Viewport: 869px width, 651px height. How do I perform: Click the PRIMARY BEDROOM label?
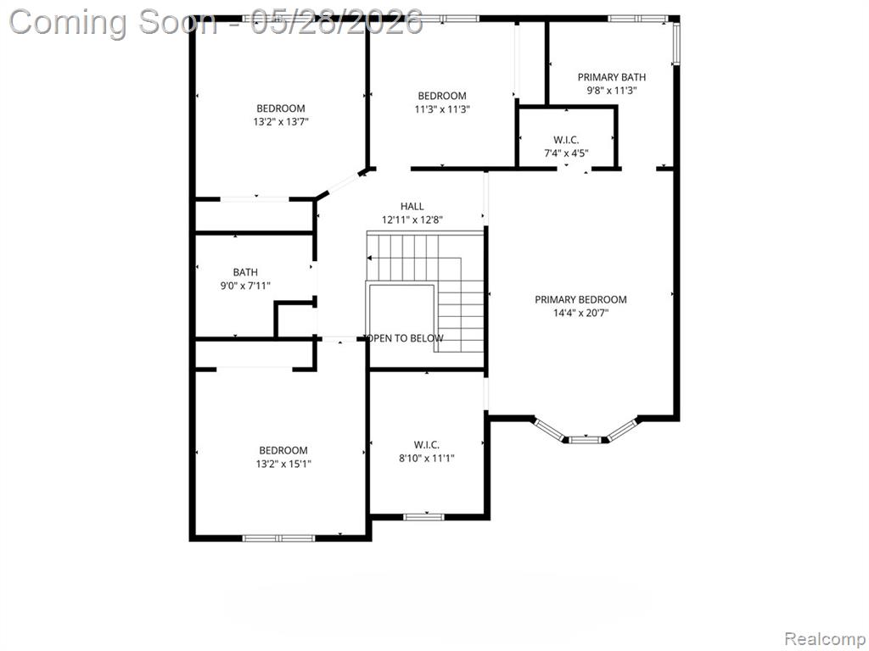pyautogui.click(x=580, y=299)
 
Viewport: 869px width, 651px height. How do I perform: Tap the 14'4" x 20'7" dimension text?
pyautogui.click(x=580, y=313)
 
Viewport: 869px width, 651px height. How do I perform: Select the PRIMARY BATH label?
pyautogui.click(x=611, y=77)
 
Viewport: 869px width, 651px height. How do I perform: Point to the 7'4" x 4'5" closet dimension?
pyautogui.click(x=566, y=153)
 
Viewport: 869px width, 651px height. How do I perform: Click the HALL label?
pyautogui.click(x=412, y=206)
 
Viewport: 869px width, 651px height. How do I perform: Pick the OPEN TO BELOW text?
pyautogui.click(x=404, y=337)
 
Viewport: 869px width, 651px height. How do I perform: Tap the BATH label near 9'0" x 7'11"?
pyautogui.click(x=245, y=272)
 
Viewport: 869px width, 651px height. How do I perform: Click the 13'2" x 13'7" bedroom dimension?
pyautogui.click(x=280, y=122)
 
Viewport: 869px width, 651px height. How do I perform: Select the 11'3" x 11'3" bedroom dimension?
pyautogui.click(x=442, y=109)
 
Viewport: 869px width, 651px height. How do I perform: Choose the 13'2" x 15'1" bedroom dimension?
pyautogui.click(x=283, y=464)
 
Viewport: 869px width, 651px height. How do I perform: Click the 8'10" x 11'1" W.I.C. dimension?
pyautogui.click(x=427, y=459)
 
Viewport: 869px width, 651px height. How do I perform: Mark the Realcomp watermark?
pyautogui.click(x=825, y=639)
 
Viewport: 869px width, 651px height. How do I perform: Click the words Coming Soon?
pyautogui.click(x=113, y=22)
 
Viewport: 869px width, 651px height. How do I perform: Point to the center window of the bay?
pyautogui.click(x=586, y=440)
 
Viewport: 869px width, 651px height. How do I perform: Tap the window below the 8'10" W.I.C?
pyautogui.click(x=423, y=517)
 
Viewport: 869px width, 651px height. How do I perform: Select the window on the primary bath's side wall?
pyautogui.click(x=676, y=43)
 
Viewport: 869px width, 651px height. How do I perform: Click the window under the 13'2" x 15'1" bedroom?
pyautogui.click(x=278, y=537)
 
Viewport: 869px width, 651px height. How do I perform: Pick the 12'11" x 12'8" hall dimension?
pyautogui.click(x=412, y=220)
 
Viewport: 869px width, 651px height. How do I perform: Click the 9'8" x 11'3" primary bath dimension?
pyautogui.click(x=611, y=90)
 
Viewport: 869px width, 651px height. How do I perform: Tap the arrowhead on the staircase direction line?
pyautogui.click(x=370, y=258)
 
